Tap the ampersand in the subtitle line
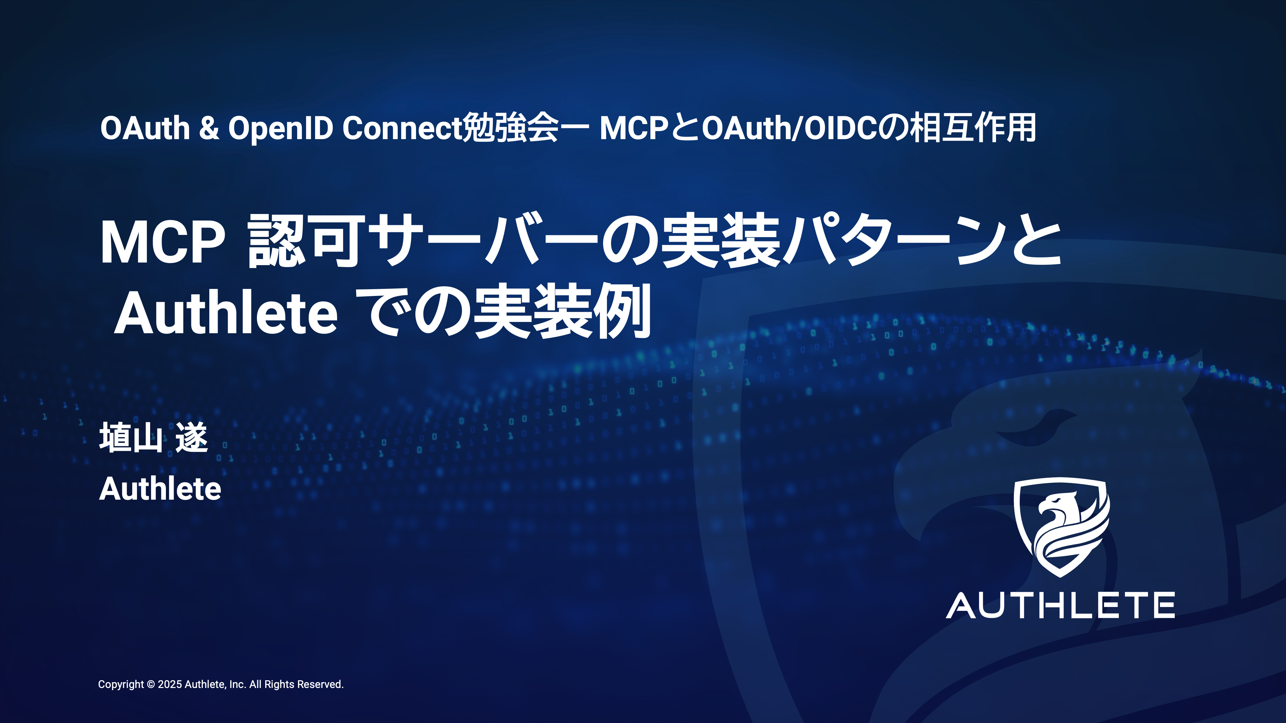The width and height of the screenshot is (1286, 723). [209, 128]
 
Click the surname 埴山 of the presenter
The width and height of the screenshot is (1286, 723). [131, 438]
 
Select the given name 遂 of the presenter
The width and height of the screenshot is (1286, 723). [192, 438]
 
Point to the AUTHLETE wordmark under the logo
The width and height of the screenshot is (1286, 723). [1060, 606]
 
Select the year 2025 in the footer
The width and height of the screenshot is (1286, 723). [170, 684]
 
